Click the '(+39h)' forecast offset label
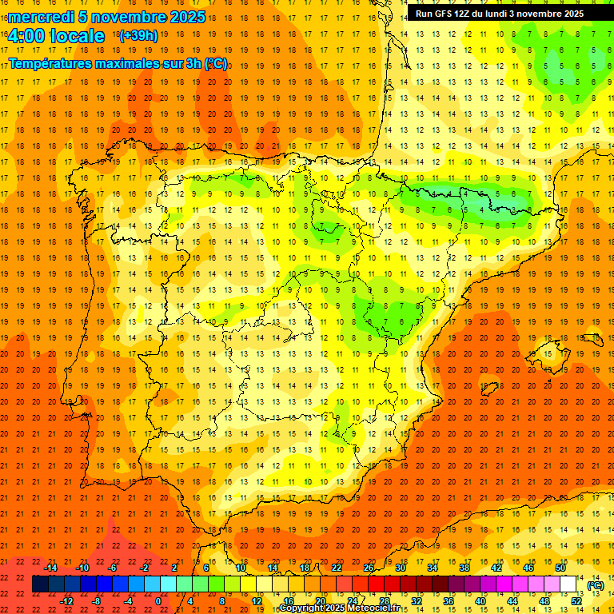138,36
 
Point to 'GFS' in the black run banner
447,14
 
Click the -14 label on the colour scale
51,568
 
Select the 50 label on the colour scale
560,568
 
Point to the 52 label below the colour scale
576,601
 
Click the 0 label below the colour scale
158,601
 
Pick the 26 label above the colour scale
369,568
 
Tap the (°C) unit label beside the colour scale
595,585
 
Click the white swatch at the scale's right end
568,584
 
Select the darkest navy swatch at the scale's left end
40,584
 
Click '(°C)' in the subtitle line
216,62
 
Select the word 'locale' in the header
77,36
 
